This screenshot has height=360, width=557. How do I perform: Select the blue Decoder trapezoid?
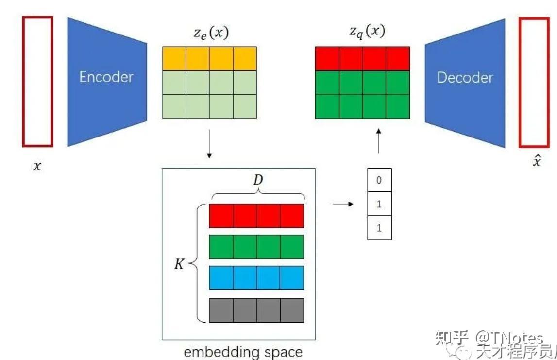click(x=465, y=83)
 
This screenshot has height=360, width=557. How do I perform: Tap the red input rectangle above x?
click(x=37, y=82)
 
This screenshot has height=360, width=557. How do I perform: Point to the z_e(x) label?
click(x=209, y=33)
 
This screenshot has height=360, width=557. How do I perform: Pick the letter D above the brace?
click(x=258, y=180)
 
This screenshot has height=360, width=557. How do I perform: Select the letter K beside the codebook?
click(x=180, y=265)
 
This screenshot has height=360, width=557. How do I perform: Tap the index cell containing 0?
click(x=379, y=180)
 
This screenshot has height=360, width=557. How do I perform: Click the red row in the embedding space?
click(x=256, y=216)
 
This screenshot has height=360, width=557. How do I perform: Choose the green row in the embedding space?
click(x=256, y=247)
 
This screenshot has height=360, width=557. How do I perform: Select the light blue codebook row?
click(x=256, y=278)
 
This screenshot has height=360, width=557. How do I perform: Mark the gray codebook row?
click(x=256, y=310)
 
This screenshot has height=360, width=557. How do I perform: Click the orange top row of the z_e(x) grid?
click(x=209, y=59)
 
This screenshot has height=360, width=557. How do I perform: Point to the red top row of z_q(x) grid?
click(x=362, y=59)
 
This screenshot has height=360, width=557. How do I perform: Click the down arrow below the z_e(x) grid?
click(x=209, y=144)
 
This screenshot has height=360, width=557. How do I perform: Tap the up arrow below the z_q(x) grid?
click(x=379, y=141)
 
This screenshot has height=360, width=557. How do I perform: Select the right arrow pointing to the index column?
click(x=343, y=204)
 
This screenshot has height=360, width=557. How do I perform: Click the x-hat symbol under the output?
click(x=536, y=161)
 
